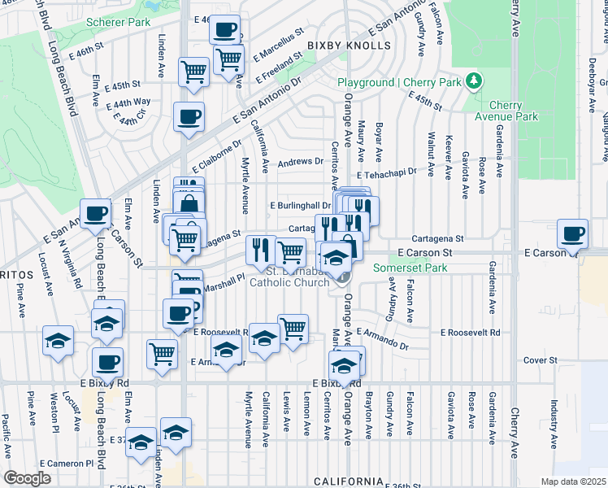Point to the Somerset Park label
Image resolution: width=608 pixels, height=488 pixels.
click(410, 268)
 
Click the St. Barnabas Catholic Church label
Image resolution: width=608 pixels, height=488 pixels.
click(290, 277)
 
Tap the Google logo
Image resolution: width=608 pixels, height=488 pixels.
click(27, 478)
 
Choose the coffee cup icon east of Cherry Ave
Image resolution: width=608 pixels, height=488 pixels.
click(572, 233)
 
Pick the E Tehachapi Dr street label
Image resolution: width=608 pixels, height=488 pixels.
click(386, 172)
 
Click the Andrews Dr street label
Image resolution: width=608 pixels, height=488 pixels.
click(301, 162)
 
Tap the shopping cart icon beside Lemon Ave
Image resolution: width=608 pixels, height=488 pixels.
click(293, 329)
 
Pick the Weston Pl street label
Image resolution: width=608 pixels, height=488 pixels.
click(54, 412)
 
